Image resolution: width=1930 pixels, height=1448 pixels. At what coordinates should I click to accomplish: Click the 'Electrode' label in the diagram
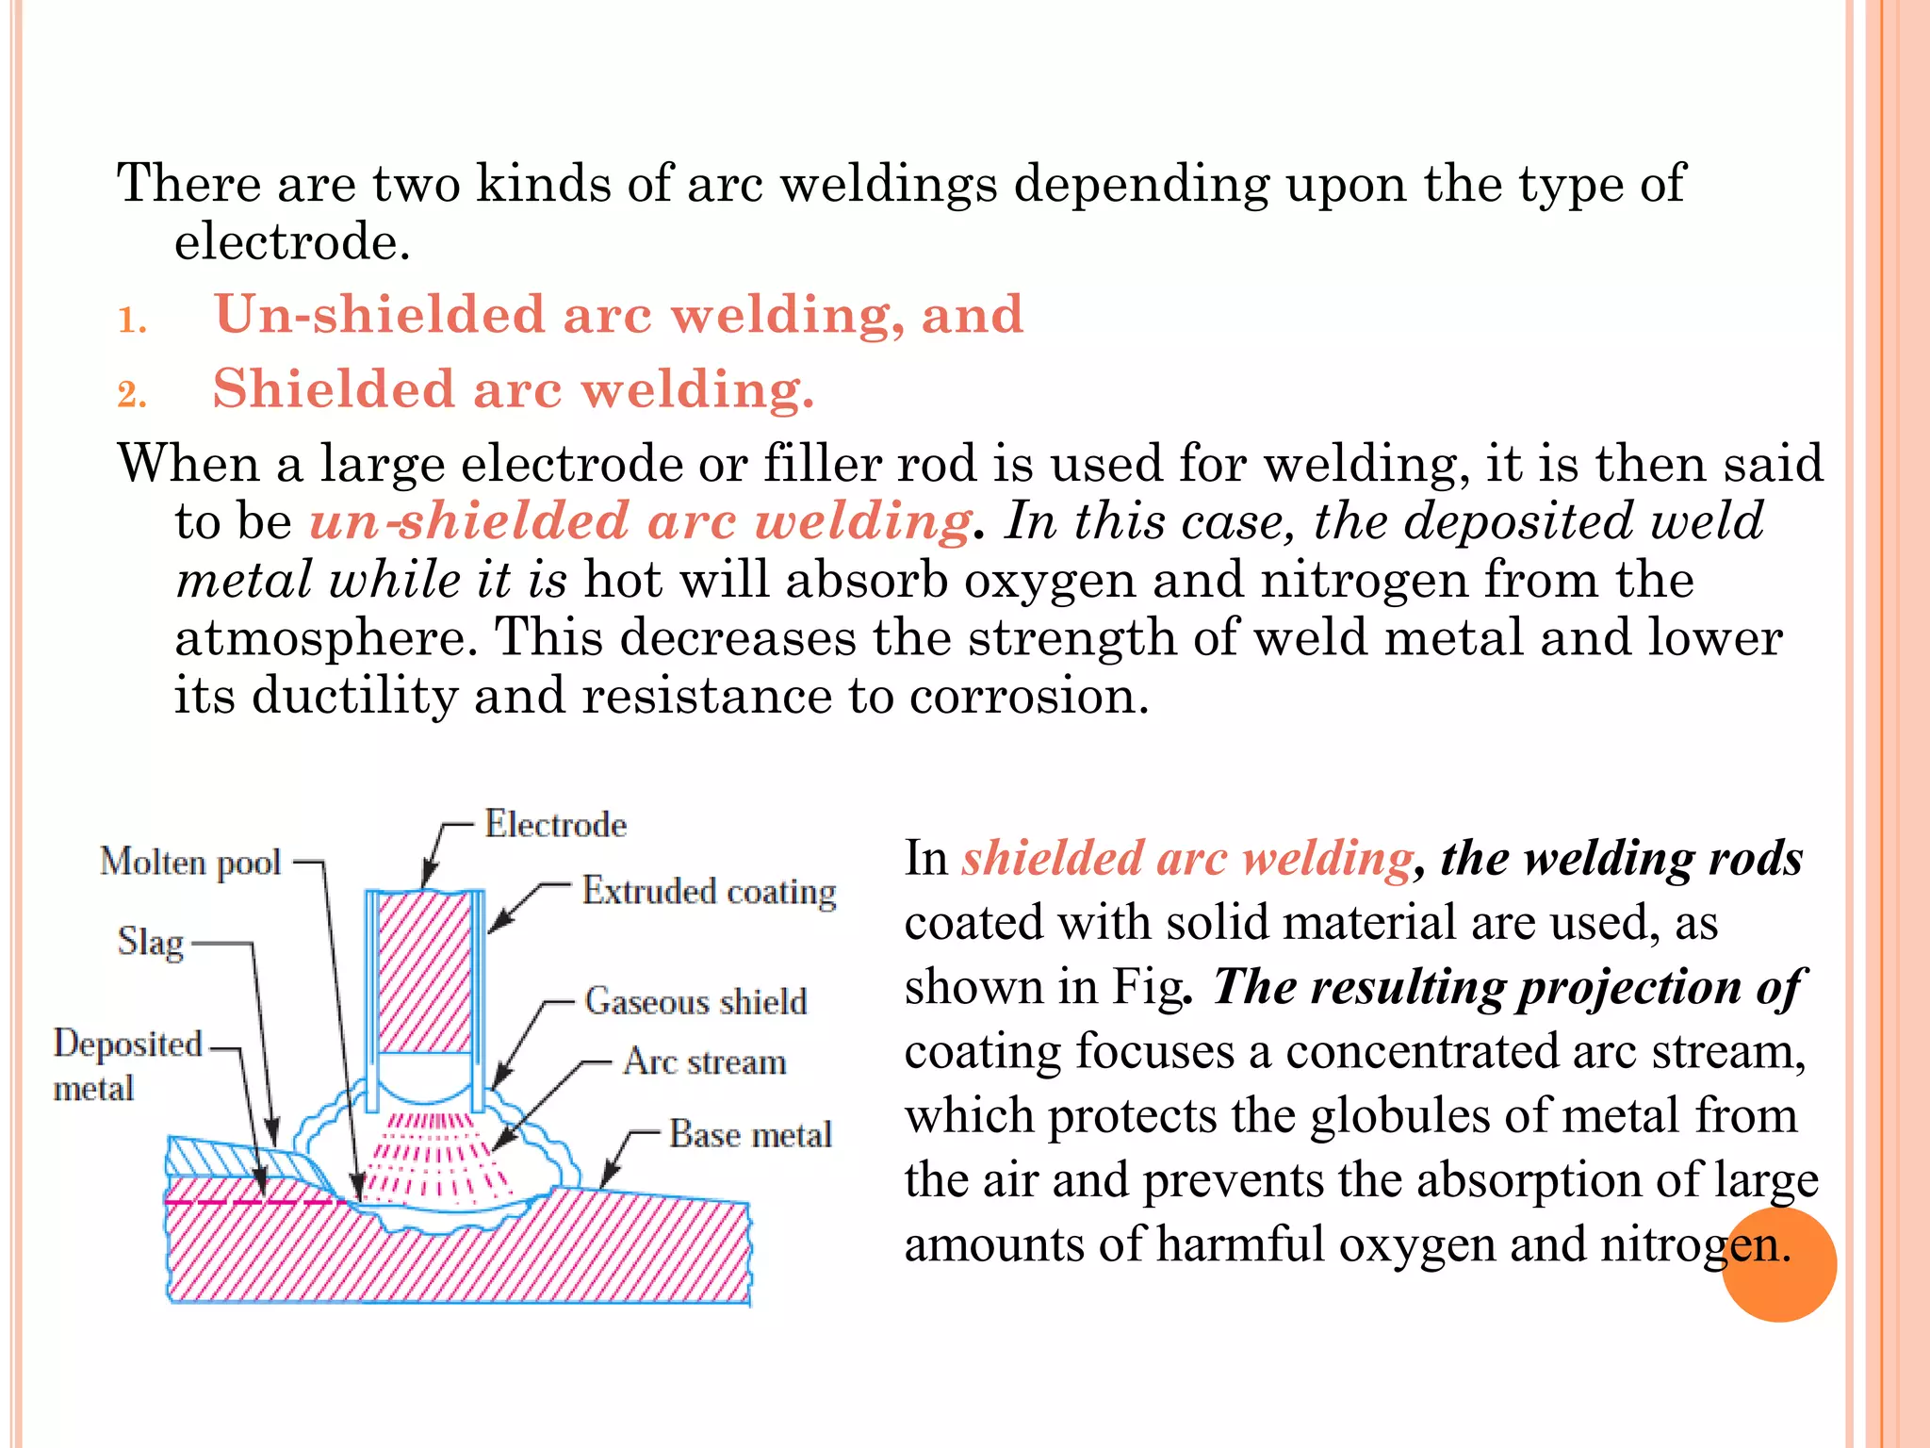coord(555,825)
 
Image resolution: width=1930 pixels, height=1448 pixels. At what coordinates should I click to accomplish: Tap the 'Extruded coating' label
coord(709,891)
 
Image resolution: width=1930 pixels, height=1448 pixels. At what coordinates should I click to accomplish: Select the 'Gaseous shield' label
coord(695,1001)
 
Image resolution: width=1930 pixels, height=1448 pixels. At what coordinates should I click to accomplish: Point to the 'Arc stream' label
coord(704,1062)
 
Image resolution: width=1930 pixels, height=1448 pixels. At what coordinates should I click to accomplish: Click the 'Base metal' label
coord(750,1134)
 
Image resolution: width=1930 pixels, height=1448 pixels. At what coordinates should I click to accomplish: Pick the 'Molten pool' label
coord(190,862)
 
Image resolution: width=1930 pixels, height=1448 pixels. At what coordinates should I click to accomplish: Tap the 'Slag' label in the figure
coord(151,942)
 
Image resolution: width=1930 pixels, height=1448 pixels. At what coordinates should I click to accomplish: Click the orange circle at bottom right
coord(1778,1265)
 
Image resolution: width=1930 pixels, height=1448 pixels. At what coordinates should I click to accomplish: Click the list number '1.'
coord(132,321)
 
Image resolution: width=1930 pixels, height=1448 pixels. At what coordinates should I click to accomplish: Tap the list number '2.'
coord(132,394)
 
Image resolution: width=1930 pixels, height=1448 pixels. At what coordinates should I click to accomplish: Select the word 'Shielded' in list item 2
coord(334,388)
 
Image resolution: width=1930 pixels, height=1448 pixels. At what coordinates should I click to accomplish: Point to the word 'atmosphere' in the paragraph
coord(320,638)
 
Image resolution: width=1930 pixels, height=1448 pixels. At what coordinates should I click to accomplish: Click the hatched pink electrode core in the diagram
coord(425,971)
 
